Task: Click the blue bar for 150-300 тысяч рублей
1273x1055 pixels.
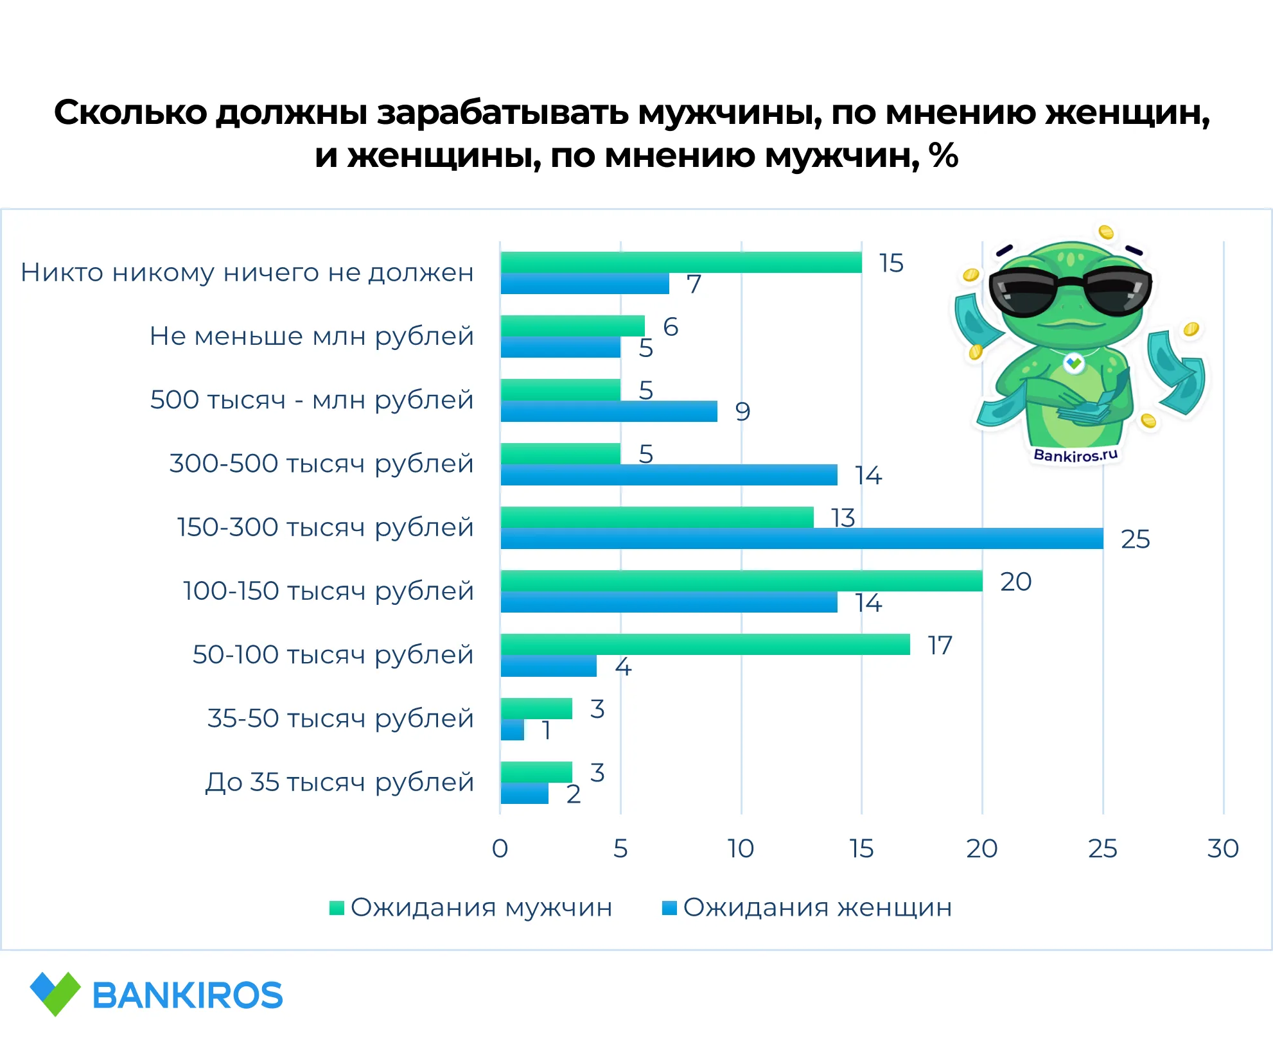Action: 802,539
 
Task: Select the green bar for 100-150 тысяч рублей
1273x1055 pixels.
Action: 741,581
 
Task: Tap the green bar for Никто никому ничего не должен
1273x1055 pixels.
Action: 681,263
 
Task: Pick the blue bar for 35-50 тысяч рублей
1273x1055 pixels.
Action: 513,730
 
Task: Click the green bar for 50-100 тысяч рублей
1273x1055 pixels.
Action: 705,645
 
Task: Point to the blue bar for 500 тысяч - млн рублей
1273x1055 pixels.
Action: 609,412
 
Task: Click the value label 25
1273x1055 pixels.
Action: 1135,539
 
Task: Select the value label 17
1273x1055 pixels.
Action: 940,645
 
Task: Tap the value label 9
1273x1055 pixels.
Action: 742,412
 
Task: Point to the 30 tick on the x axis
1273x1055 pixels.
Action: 1223,849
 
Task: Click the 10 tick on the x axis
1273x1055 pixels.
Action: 741,849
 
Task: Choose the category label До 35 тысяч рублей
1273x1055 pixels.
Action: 339,783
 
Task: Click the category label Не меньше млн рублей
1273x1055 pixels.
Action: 312,336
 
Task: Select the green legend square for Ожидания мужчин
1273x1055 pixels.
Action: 337,908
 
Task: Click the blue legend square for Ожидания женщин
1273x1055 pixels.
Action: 669,908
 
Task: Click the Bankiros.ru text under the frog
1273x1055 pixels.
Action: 1076,455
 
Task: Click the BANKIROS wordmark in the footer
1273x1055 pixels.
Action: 188,996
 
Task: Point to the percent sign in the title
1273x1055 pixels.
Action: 944,155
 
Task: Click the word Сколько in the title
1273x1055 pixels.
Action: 130,112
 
